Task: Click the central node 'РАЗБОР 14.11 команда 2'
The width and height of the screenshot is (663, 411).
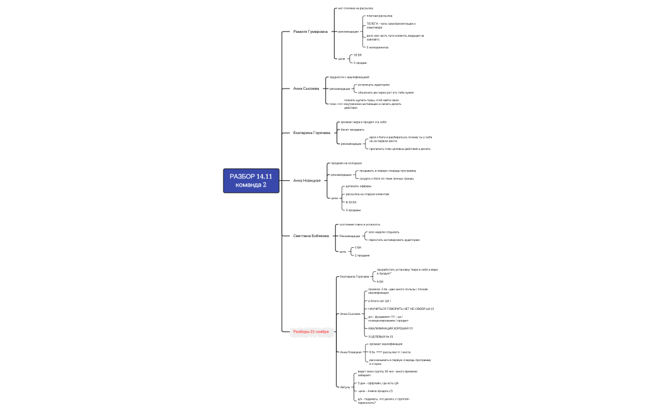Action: (251, 180)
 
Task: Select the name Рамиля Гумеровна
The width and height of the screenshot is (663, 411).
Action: (311, 31)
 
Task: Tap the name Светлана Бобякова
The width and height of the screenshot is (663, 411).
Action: (311, 235)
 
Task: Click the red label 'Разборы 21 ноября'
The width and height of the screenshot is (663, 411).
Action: (311, 331)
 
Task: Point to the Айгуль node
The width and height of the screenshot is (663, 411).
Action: (345, 386)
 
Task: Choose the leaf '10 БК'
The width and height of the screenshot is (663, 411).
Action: (358, 55)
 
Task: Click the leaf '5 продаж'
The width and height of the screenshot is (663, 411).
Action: (361, 63)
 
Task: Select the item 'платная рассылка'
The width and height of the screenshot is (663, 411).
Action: (379, 15)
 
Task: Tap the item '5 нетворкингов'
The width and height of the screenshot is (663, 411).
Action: (378, 47)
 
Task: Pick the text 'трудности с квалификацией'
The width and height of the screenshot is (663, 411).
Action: (349, 77)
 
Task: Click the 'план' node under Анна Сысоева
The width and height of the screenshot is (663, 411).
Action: (333, 104)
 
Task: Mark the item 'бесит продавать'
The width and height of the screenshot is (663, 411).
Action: (352, 130)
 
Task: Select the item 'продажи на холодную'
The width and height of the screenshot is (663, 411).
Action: (346, 163)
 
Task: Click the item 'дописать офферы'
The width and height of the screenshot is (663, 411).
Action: (354, 187)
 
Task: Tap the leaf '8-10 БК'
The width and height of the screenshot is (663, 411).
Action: (352, 202)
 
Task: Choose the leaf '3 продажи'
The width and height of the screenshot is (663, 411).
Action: (353, 209)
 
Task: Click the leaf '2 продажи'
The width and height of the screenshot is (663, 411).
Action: (362, 255)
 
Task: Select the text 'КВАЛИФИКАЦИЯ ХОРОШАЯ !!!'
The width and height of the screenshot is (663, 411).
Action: (390, 328)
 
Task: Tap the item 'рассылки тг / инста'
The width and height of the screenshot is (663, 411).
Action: (397, 352)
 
